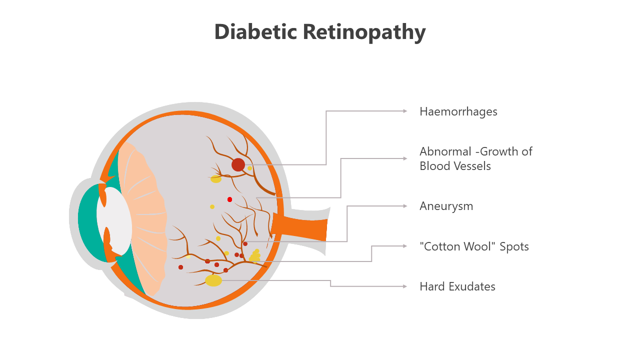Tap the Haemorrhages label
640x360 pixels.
pos(458,111)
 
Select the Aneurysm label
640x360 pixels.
pos(446,206)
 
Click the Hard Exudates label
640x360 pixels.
pos(457,286)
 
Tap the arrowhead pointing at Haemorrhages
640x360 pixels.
pos(405,111)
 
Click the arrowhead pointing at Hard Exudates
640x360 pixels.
pos(405,286)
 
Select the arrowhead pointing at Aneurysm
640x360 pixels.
pos(405,206)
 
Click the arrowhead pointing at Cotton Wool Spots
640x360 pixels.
pos(405,246)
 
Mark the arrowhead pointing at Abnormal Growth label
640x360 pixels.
pos(405,158)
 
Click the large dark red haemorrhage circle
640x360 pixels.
pos(238,164)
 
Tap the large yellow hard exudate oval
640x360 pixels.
pos(213,280)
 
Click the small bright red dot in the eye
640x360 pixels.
pos(229,199)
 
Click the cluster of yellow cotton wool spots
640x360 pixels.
pos(255,256)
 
